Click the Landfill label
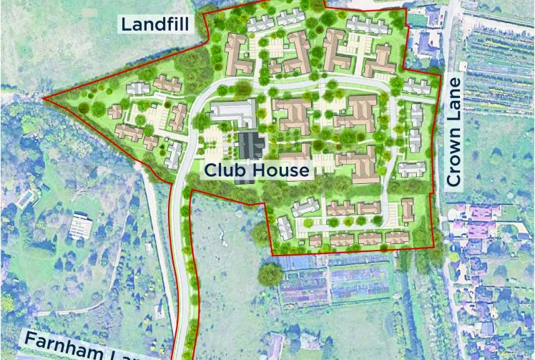tap(154, 24)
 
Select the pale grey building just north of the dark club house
tap(233, 112)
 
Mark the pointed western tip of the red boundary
tap(44, 99)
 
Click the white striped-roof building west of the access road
tap(82, 226)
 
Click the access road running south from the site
tap(182, 286)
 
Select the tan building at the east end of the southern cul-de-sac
tap(407, 210)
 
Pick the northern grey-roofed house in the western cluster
tap(140, 88)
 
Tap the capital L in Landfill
tap(125, 24)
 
